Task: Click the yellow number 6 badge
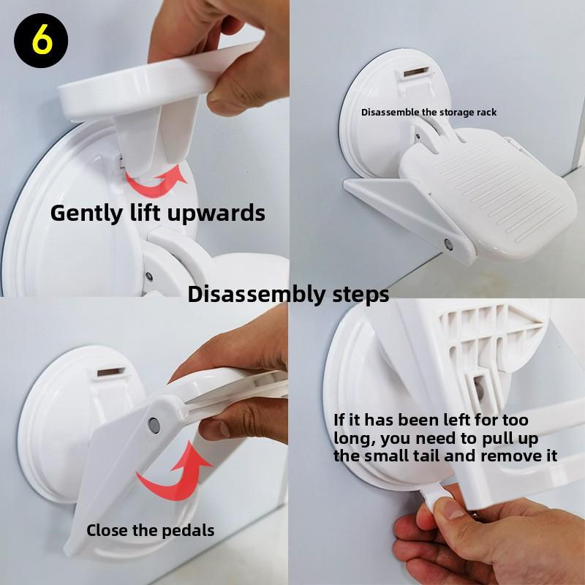pos(41,40)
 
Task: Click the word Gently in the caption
pos(86,214)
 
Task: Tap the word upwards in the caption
pos(216,214)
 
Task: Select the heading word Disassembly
pos(257,295)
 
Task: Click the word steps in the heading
pos(361,295)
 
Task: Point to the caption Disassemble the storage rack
pos(429,113)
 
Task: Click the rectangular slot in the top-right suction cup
pos(416,72)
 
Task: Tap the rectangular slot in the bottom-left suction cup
pos(111,372)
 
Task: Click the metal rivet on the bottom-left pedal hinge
pos(154,426)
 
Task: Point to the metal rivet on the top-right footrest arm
pos(449,245)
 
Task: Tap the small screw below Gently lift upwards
pos(149,276)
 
